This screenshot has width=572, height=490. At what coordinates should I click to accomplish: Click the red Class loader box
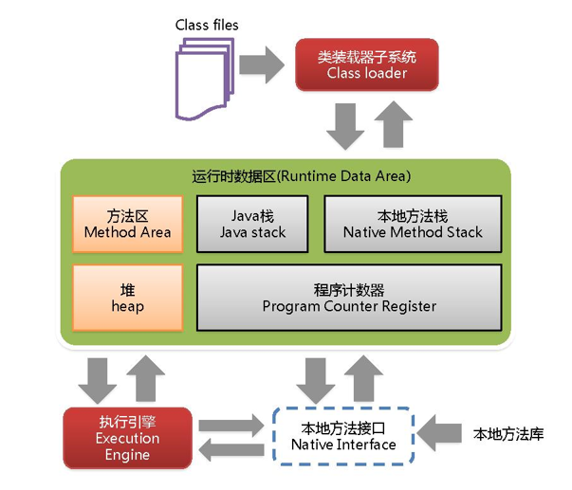[366, 64]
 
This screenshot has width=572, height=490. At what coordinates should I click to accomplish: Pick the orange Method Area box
[127, 223]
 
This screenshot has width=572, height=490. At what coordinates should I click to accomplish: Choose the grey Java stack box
[251, 223]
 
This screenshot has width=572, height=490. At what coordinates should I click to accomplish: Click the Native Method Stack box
[413, 223]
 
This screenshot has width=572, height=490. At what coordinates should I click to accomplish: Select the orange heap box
[127, 298]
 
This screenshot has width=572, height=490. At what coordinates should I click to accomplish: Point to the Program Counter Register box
[349, 298]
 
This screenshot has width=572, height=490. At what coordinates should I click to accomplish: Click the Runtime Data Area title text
[287, 175]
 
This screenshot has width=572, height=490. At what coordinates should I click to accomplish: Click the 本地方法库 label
[507, 435]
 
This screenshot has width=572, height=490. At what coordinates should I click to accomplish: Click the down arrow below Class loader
[344, 126]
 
